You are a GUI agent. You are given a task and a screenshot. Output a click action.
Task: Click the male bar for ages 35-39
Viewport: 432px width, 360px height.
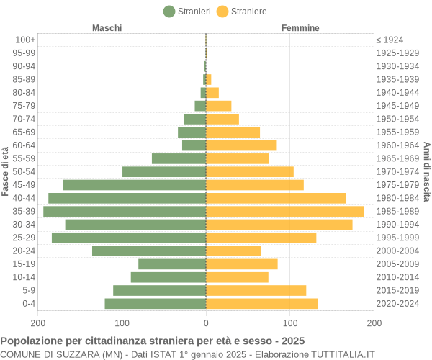pos(125,211)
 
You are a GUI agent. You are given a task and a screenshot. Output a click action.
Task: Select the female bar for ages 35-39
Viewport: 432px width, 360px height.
pos(285,211)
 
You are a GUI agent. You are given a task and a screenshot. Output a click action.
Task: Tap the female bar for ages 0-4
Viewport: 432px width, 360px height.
pos(262,303)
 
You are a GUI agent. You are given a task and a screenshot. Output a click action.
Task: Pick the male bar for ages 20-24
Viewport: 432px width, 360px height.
pos(149,251)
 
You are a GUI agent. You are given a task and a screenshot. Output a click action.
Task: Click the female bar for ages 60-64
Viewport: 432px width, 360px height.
pos(241,145)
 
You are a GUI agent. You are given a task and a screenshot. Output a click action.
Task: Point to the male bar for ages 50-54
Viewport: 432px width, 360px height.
pos(164,171)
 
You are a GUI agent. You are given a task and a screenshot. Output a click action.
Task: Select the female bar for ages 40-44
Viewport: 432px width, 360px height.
pos(276,198)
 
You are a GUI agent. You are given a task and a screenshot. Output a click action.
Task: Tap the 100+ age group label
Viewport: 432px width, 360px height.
pos(25,40)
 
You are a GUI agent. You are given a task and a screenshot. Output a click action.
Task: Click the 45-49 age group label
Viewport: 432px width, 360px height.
pos(24,185)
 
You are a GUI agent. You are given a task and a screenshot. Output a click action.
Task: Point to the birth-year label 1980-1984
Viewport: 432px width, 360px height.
pos(397,198)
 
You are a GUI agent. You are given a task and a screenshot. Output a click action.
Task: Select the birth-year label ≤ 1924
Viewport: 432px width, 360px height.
pos(390,40)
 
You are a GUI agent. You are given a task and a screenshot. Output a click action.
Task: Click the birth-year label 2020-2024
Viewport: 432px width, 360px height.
pos(397,303)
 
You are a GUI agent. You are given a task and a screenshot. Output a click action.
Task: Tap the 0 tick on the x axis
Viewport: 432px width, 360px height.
pos(206,324)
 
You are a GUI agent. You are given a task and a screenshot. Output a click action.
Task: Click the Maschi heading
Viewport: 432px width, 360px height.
pos(107,28)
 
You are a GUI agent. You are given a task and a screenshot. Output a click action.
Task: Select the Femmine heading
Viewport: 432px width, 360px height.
pos(300,28)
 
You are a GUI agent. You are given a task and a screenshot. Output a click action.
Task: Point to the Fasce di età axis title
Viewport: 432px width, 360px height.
pos(6,171)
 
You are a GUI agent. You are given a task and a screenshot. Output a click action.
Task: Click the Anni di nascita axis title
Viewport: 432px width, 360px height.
pos(426,171)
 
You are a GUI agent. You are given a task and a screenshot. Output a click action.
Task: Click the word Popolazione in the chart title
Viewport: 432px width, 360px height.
pos(32,341)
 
